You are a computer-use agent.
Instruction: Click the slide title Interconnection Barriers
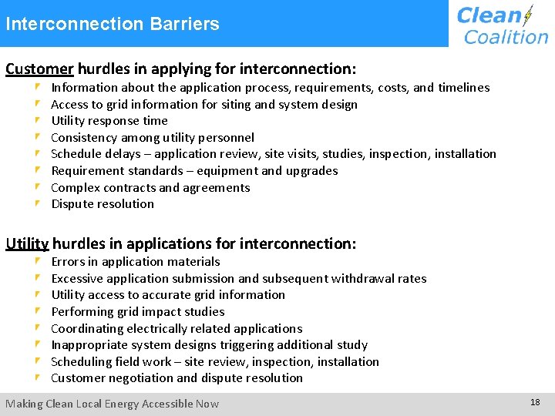tap(113, 24)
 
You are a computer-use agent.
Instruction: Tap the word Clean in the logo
tap(489, 15)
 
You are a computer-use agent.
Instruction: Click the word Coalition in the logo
tap(506, 36)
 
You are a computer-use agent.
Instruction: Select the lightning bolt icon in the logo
tap(528, 15)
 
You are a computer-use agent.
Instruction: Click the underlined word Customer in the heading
tap(39, 69)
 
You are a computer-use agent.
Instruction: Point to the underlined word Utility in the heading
tap(27, 243)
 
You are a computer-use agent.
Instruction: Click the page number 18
tap(535, 403)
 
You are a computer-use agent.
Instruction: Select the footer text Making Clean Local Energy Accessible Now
tap(113, 404)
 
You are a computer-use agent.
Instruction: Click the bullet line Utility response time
tap(109, 121)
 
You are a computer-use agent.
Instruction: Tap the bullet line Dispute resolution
tap(103, 204)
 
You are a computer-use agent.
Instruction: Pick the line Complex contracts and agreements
tap(150, 187)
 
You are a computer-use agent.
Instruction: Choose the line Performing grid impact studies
tap(138, 312)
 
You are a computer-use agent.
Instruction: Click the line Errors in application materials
tap(136, 262)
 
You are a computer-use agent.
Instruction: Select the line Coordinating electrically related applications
tap(177, 329)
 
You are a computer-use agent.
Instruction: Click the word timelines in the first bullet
tap(463, 88)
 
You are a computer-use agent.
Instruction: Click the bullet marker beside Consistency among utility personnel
tap(38, 138)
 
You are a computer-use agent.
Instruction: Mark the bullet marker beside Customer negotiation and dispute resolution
tap(38, 378)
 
